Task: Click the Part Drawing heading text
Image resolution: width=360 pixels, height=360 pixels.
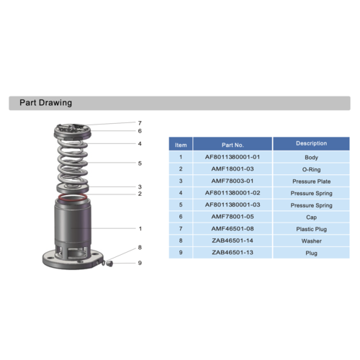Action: (x=45, y=103)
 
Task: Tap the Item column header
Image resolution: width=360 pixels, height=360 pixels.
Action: (x=181, y=145)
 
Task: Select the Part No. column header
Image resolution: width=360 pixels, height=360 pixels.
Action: (x=233, y=145)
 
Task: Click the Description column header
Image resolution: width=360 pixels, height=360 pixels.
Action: (x=311, y=143)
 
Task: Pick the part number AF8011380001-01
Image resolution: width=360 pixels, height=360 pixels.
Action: (x=233, y=157)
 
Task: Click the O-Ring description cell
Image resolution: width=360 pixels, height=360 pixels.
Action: (x=311, y=169)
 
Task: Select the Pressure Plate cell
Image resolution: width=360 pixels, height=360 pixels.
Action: (x=311, y=181)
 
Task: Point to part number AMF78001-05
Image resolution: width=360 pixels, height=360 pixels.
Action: (x=233, y=217)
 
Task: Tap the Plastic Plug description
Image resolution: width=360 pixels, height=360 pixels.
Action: (x=311, y=229)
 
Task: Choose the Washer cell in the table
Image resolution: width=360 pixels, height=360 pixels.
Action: (x=311, y=241)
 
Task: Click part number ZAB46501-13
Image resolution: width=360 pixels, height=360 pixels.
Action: (x=233, y=253)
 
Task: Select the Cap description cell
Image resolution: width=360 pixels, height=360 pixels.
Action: (x=311, y=217)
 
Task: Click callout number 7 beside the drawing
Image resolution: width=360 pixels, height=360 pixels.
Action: (x=140, y=123)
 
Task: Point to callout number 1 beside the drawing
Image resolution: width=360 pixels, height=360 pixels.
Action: (x=140, y=228)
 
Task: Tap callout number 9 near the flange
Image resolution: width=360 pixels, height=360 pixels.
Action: (x=140, y=263)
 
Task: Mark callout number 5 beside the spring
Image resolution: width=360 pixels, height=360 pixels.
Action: (x=140, y=163)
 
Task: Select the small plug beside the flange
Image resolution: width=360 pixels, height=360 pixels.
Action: (x=109, y=264)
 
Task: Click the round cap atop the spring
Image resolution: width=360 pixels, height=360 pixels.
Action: (x=73, y=131)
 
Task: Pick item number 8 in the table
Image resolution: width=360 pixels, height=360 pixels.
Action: (x=181, y=240)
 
